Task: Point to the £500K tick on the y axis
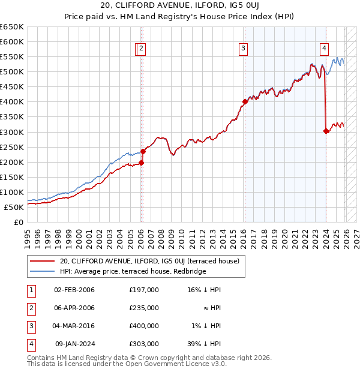(x=12, y=72)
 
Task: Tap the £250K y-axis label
(x=12, y=147)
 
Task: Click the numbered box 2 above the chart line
(x=140, y=49)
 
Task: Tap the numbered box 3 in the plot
(x=244, y=49)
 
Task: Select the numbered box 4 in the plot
(x=324, y=49)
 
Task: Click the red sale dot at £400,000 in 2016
(x=245, y=101)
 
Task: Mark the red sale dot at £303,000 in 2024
(x=326, y=131)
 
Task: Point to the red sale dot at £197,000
(x=142, y=163)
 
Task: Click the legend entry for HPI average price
(x=133, y=271)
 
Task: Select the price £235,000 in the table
(x=144, y=308)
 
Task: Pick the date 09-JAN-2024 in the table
(x=74, y=344)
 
